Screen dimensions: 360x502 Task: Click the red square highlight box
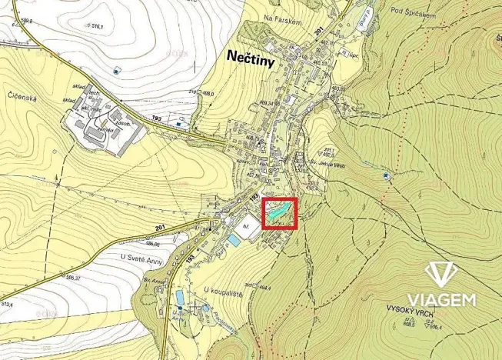[280, 213]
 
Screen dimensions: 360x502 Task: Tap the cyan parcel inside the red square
[278, 208]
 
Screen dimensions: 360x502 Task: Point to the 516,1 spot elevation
[95, 26]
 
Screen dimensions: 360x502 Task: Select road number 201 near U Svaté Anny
[161, 228]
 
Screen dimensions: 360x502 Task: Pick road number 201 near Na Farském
[318, 28]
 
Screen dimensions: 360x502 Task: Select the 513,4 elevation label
[7, 304]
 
